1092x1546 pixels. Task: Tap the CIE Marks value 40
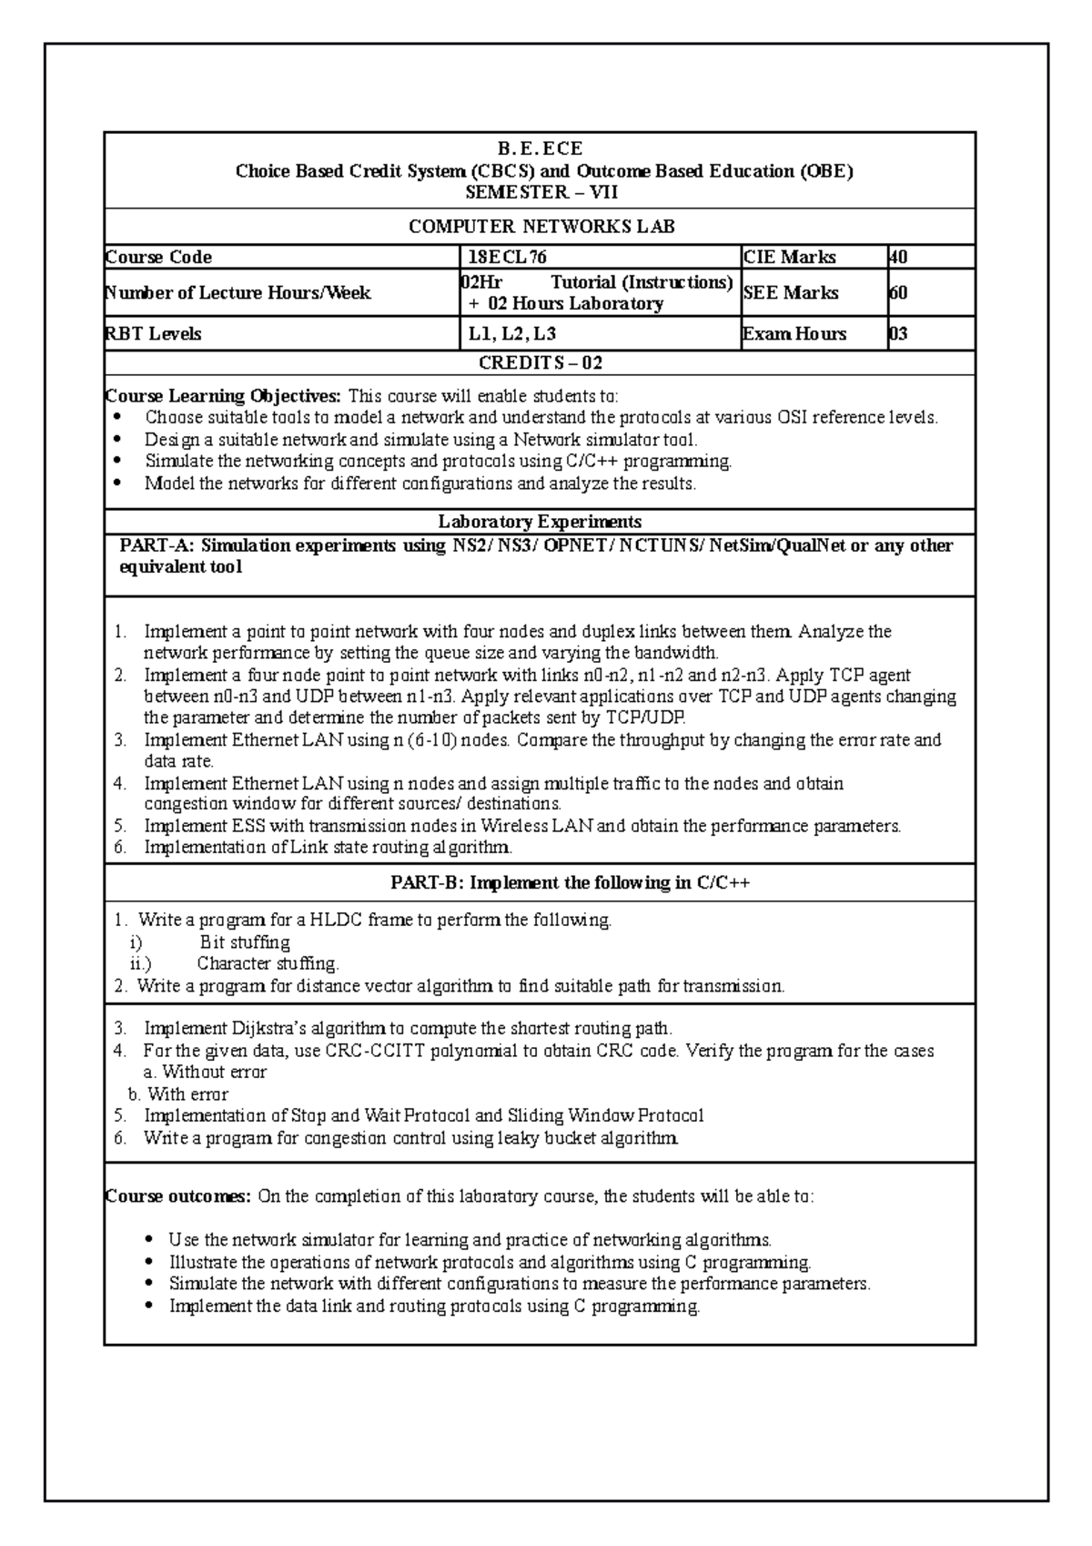[898, 258]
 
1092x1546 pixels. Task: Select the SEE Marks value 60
[898, 293]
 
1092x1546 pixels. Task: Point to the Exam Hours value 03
[898, 334]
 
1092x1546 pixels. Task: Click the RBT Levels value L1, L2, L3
[512, 334]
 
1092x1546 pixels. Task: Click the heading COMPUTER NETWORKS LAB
[541, 227]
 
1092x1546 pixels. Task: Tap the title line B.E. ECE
[541, 148]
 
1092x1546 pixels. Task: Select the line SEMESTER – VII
[541, 192]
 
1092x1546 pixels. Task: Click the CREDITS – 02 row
[541, 363]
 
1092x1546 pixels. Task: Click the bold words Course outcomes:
[178, 1196]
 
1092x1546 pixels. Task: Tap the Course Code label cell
[159, 258]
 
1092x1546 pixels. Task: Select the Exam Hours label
[795, 334]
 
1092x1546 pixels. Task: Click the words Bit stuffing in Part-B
[245, 942]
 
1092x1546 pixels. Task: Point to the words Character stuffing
[268, 963]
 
